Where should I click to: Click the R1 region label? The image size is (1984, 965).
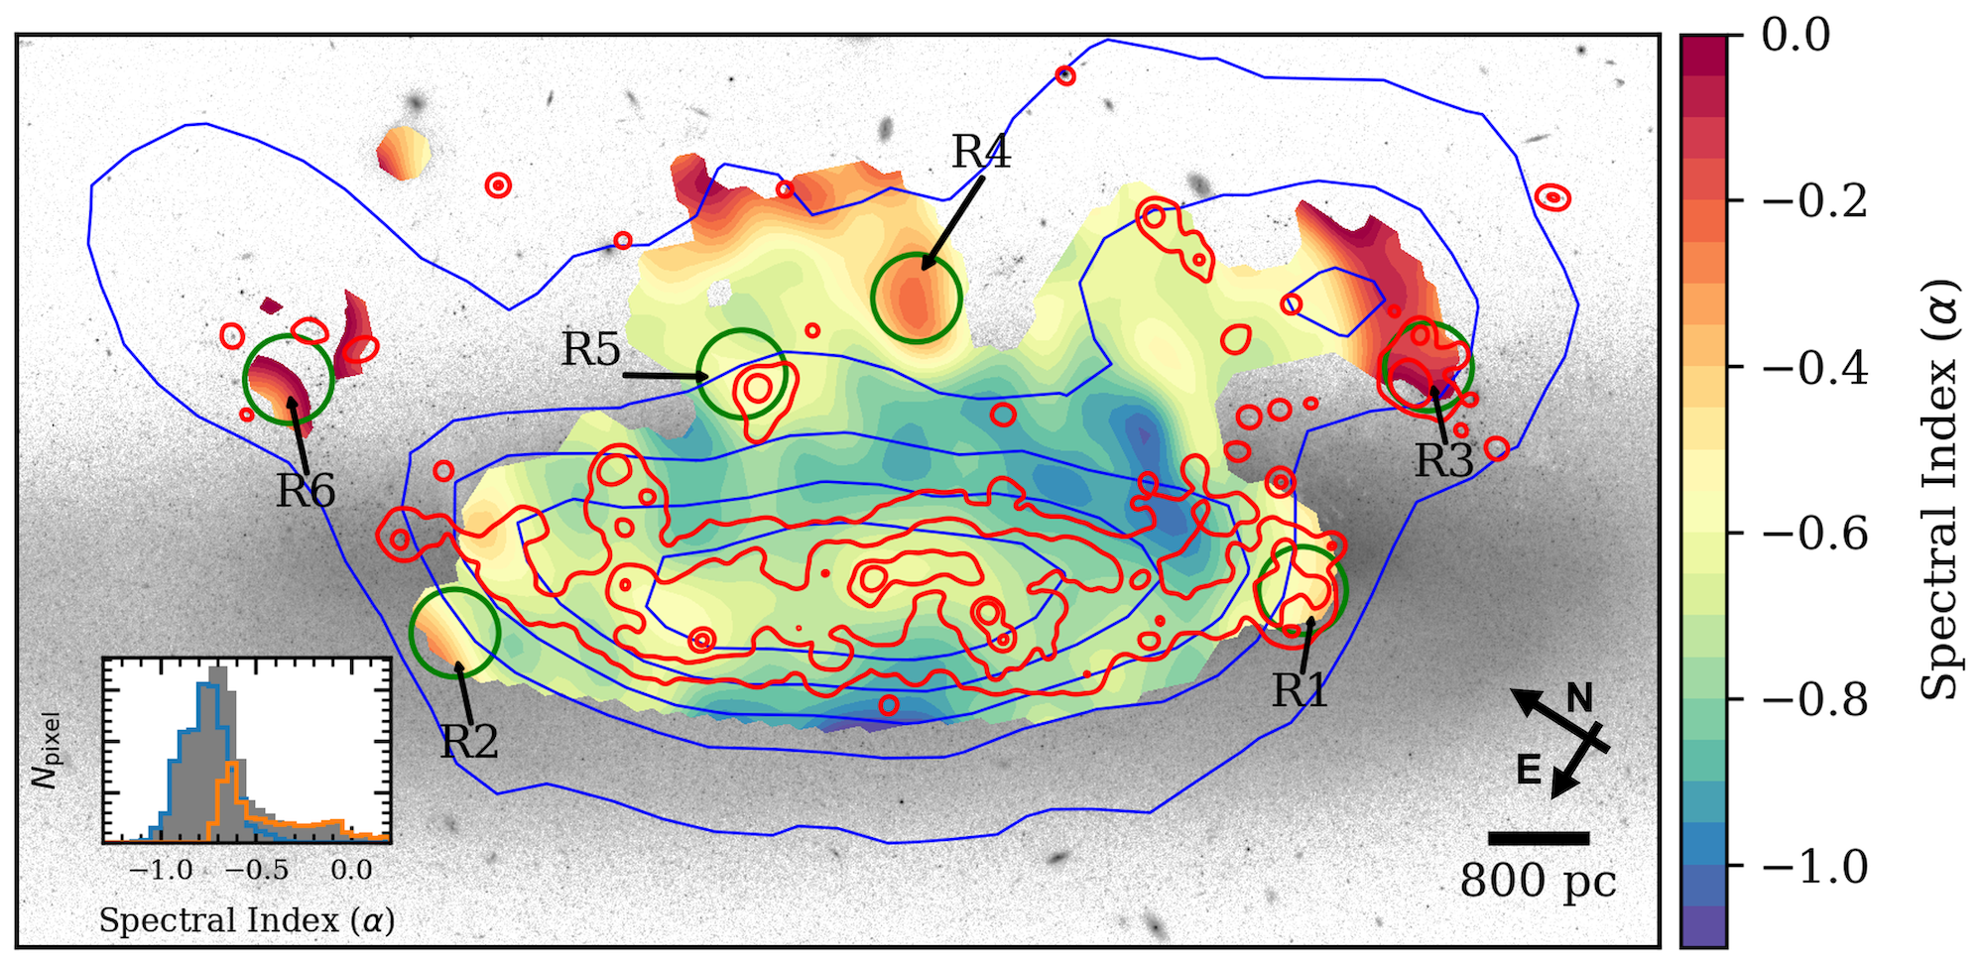tap(1300, 690)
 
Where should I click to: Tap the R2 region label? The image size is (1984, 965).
tap(469, 742)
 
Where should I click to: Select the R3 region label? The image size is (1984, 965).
tap(1443, 460)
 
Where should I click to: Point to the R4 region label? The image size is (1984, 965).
tap(981, 152)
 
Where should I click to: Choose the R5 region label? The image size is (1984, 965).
tap(591, 349)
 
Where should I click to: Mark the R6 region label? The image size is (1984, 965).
tap(306, 491)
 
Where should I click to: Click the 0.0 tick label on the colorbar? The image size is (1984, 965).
tap(1796, 35)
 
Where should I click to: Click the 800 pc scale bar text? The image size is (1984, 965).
tap(1538, 881)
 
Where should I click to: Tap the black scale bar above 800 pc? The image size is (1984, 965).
tap(1539, 838)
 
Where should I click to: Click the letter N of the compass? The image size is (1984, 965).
tap(1579, 698)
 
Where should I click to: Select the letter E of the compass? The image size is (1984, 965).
tap(1529, 770)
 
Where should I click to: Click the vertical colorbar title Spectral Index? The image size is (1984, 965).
tap(1940, 490)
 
